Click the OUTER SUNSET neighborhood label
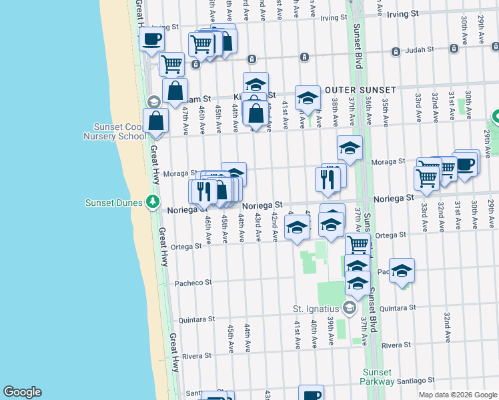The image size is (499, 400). (361, 90)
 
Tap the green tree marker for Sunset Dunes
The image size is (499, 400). (153, 201)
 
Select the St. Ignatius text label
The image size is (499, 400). (316, 309)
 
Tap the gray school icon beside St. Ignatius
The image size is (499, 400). (349, 308)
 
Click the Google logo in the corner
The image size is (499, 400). (22, 392)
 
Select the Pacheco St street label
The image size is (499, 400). (193, 283)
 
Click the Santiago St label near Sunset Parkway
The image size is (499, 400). (416, 381)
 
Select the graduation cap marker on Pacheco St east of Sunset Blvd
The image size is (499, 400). (402, 271)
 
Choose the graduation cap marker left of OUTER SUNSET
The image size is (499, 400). (308, 98)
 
